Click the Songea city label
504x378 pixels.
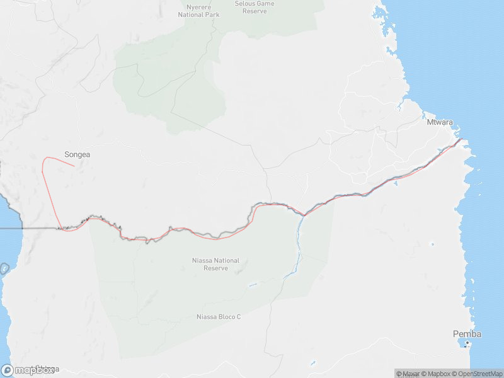76,154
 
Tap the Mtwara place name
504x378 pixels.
440,123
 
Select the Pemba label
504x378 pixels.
467,334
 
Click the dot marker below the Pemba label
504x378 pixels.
467,343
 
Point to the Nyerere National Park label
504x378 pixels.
198,11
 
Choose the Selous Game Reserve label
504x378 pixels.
255,7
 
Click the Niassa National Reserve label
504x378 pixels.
215,264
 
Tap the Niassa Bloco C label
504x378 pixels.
219,317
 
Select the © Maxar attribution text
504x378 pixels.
407,374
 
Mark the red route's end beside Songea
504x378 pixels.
74,166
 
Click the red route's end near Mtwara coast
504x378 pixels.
462,139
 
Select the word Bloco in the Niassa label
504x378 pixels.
225,317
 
